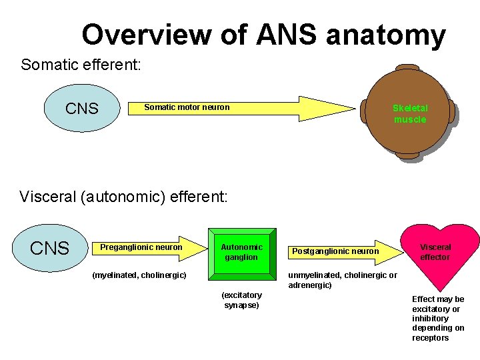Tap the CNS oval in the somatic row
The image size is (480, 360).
[x=82, y=109]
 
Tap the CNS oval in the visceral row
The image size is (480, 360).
[x=50, y=249]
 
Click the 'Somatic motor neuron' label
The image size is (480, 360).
[x=187, y=107]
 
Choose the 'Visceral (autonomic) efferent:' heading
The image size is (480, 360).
[x=124, y=197]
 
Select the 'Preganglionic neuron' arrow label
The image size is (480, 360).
[x=141, y=247]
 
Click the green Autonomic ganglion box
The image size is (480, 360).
[x=242, y=252]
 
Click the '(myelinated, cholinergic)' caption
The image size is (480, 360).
[x=139, y=275]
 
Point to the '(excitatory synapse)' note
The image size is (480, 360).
[x=241, y=300]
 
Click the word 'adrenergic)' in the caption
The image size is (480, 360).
[x=309, y=285]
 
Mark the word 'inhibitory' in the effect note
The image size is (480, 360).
[x=430, y=319]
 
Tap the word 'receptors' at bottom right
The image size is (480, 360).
[x=431, y=338]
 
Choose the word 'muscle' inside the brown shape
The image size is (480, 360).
[x=410, y=119]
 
